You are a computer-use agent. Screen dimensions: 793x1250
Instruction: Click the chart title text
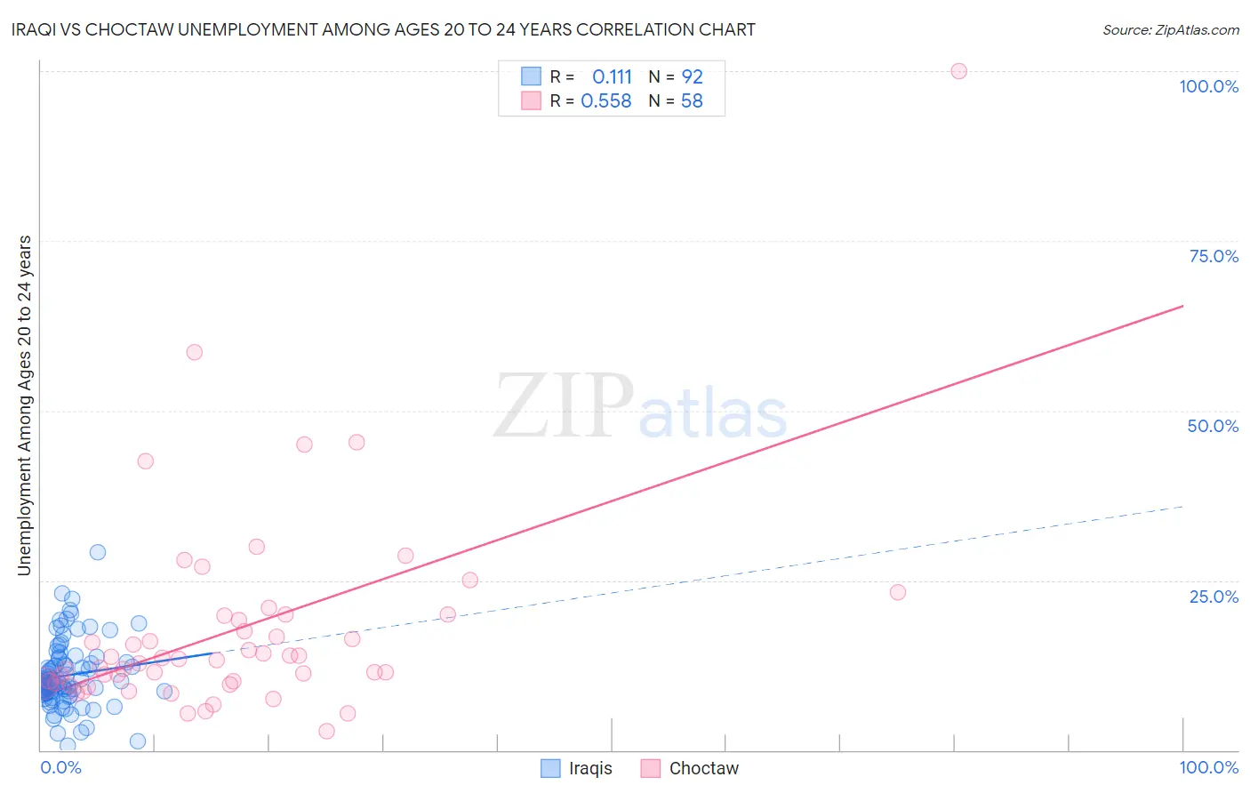point(383,30)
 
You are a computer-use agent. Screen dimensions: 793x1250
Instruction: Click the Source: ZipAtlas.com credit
point(1170,30)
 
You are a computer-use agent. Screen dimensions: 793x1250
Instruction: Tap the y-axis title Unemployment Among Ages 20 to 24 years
point(25,405)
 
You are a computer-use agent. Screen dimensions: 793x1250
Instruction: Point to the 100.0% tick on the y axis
point(1208,86)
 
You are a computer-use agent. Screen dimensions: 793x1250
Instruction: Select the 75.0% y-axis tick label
point(1214,256)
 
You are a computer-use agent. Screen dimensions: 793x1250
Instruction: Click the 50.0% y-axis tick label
point(1213,426)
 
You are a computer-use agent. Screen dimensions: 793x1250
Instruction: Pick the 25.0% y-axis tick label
point(1214,596)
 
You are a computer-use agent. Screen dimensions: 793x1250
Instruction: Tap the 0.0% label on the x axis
point(60,767)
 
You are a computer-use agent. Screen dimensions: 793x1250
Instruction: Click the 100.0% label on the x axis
point(1208,767)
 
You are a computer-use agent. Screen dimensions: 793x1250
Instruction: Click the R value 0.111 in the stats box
point(612,77)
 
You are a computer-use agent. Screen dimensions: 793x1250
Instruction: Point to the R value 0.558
point(605,101)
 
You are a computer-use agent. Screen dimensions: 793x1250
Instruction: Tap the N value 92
point(692,77)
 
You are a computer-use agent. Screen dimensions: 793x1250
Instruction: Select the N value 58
point(692,101)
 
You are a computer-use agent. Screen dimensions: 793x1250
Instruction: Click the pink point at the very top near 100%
point(958,71)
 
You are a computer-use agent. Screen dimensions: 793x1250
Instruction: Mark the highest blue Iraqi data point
point(98,552)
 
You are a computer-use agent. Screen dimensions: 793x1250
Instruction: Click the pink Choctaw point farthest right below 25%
point(898,592)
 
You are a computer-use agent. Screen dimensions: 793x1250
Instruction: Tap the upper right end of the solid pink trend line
point(1182,306)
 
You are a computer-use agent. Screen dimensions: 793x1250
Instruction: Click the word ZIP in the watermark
point(563,406)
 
